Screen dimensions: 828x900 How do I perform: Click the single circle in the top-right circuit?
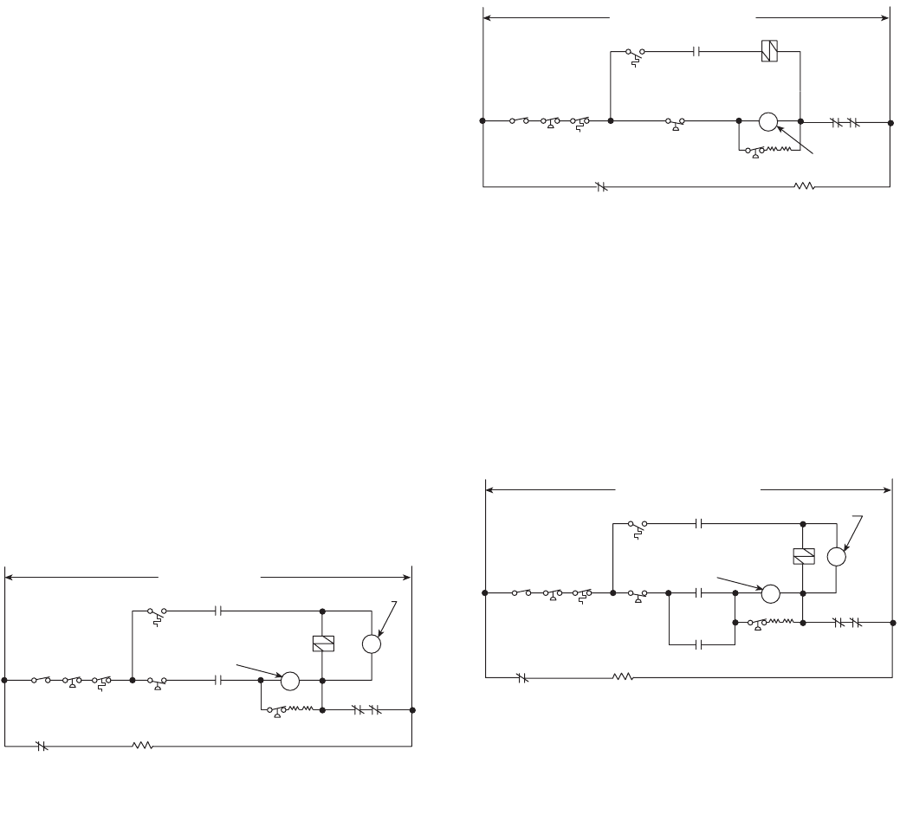pyautogui.click(x=768, y=121)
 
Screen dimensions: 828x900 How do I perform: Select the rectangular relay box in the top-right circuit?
pyautogui.click(x=768, y=50)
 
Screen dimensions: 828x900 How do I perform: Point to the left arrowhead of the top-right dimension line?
pyautogui.click(x=487, y=16)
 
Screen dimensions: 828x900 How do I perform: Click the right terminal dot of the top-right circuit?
pyautogui.click(x=890, y=121)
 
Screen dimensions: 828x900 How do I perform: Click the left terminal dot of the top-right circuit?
pyautogui.click(x=482, y=120)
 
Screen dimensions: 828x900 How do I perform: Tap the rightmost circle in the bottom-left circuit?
pyautogui.click(x=371, y=644)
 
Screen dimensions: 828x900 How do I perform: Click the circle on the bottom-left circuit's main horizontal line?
pyautogui.click(x=290, y=681)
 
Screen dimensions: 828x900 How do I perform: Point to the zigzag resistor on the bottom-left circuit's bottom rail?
pyautogui.click(x=142, y=745)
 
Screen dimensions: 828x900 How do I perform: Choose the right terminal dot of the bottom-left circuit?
pyautogui.click(x=412, y=710)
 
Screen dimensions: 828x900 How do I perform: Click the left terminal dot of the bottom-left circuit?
pyautogui.click(x=5, y=681)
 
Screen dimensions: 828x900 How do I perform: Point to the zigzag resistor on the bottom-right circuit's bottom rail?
pyautogui.click(x=624, y=677)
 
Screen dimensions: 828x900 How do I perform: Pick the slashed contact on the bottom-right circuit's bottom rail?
pyautogui.click(x=521, y=677)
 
